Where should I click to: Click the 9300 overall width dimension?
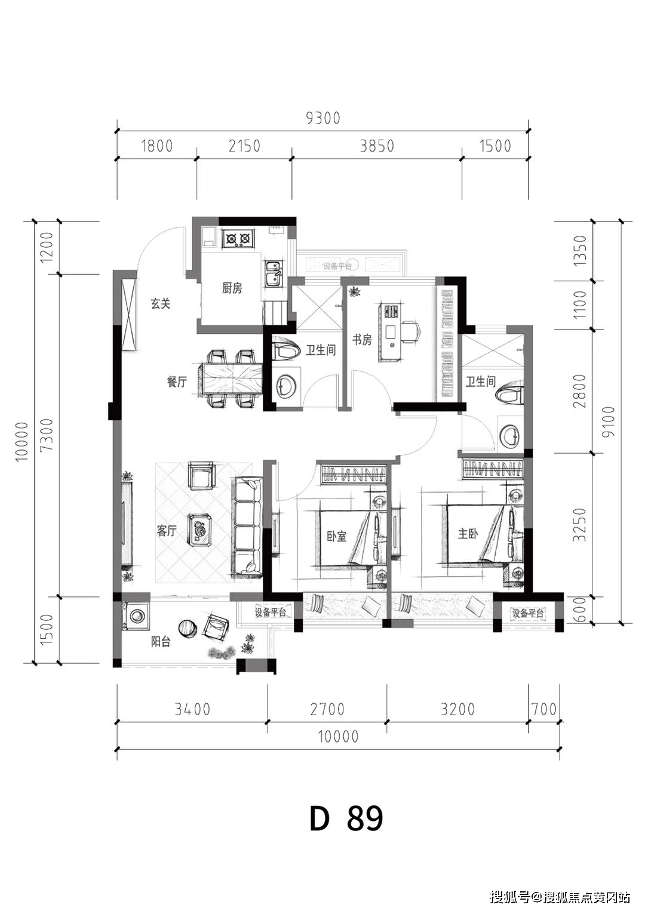coord(322,118)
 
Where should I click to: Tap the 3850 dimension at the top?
coord(377,146)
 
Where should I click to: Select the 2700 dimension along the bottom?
coord(327,709)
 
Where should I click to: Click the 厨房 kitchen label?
coord(232,288)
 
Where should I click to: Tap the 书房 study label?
coord(362,340)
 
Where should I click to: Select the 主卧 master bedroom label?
coord(468,534)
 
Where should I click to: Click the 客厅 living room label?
coord(167,531)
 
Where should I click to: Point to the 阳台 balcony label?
coord(160,642)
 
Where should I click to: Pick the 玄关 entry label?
coord(160,303)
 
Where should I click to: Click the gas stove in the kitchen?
coord(238,238)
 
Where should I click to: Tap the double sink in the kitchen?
coord(273,273)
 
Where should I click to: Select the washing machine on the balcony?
coord(136,616)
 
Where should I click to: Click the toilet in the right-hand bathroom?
coord(509,394)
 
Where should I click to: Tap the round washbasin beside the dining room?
coord(286,385)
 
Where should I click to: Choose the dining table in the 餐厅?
coord(228,378)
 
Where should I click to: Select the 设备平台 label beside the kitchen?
coord(337,266)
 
